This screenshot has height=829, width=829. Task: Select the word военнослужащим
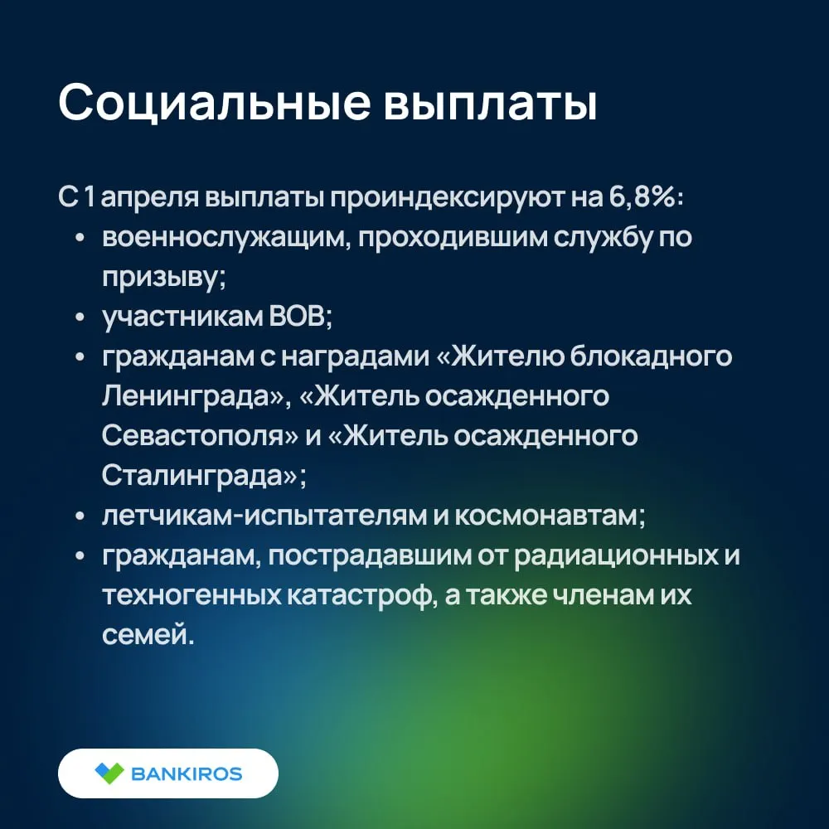(x=224, y=238)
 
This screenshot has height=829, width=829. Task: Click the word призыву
(x=162, y=278)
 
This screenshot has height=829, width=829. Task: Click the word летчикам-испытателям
(x=264, y=516)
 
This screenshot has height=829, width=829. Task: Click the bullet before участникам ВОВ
(x=80, y=318)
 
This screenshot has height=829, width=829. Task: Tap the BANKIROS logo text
(x=186, y=774)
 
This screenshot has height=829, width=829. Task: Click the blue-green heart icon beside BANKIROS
(x=109, y=773)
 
